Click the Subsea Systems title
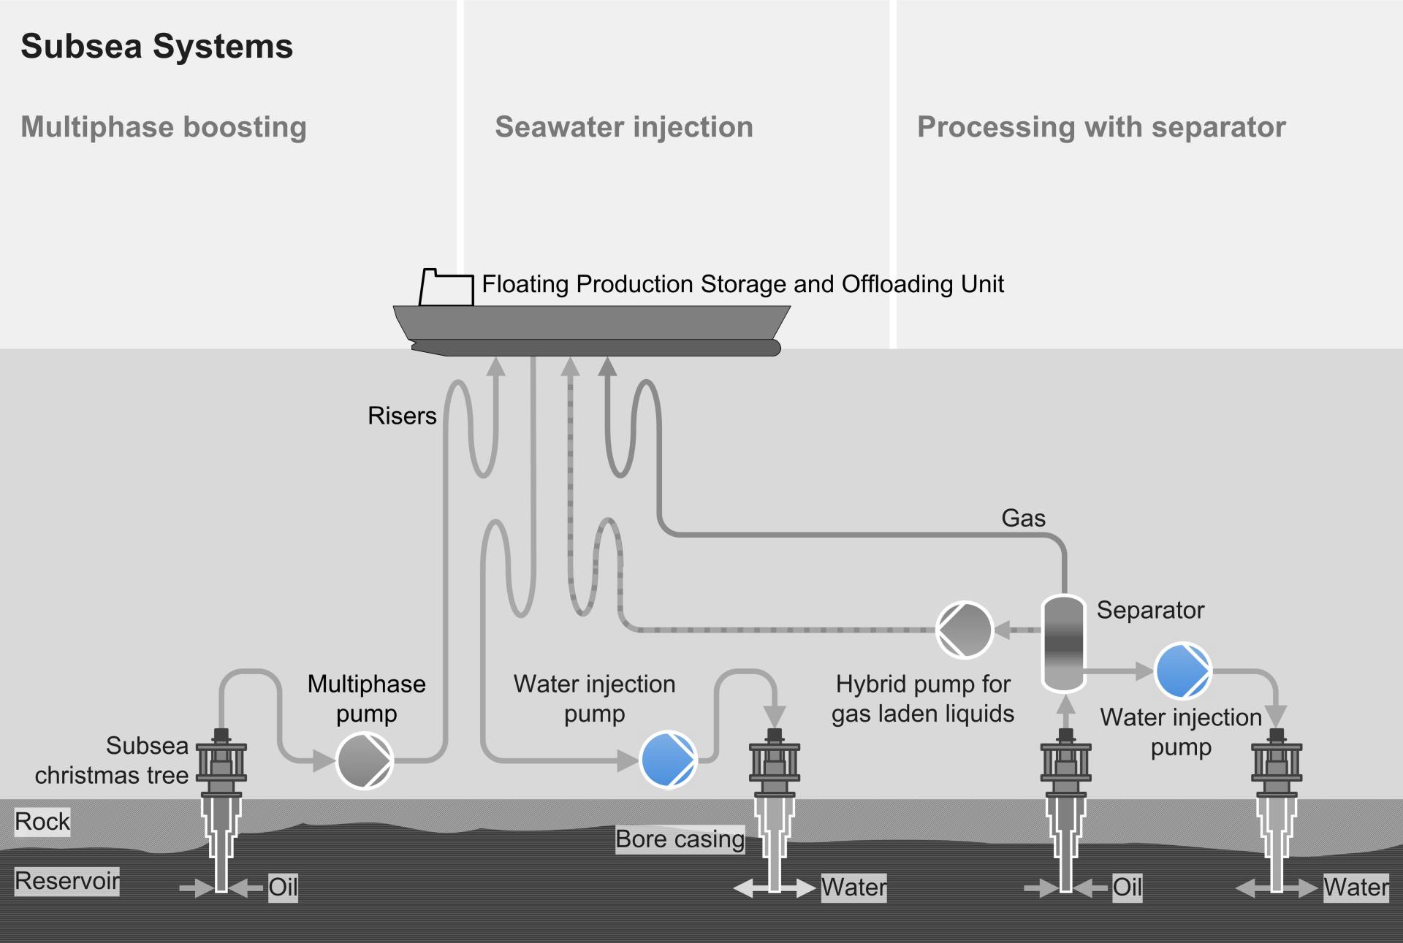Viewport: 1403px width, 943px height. pyautogui.click(x=156, y=47)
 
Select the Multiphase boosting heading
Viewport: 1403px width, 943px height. pyautogui.click(x=164, y=127)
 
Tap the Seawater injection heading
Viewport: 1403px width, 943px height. pyautogui.click(x=623, y=127)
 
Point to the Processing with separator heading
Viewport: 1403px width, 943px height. pyautogui.click(x=1100, y=127)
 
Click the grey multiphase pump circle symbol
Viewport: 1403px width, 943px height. pyautogui.click(x=365, y=760)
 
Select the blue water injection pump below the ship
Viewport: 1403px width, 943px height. pyautogui.click(x=668, y=760)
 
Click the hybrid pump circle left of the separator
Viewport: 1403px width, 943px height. pyautogui.click(x=964, y=630)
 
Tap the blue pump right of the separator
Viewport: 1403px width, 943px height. pyautogui.click(x=1182, y=671)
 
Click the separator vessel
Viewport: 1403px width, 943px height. pyautogui.click(x=1063, y=643)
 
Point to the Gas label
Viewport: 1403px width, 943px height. pyautogui.click(x=1023, y=518)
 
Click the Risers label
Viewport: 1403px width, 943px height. pyautogui.click(x=402, y=416)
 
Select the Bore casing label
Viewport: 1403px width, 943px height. pyautogui.click(x=680, y=839)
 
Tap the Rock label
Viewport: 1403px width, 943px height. pyautogui.click(x=42, y=822)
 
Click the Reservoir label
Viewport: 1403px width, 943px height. pyautogui.click(x=67, y=881)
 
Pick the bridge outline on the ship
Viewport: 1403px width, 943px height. pyautogui.click(x=446, y=289)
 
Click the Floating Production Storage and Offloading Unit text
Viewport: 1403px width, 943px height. pyautogui.click(x=742, y=284)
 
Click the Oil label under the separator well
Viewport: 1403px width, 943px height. pyautogui.click(x=1127, y=887)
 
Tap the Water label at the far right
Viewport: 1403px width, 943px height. pyautogui.click(x=1356, y=887)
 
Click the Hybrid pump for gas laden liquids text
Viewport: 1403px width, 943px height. pyautogui.click(x=922, y=699)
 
